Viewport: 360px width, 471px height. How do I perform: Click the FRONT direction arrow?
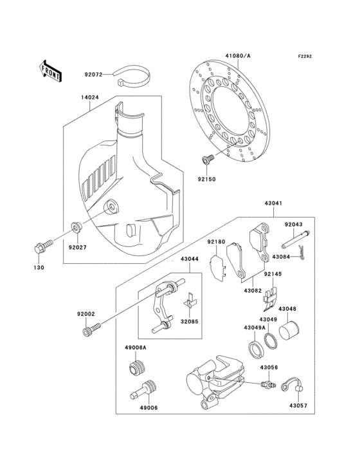pos(51,70)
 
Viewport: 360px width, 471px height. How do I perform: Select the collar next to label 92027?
pos(75,227)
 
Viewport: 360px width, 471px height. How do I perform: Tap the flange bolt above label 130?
pos(40,247)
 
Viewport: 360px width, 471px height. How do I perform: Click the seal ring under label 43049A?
pos(255,349)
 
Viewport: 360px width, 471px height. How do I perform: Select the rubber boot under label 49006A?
pos(136,369)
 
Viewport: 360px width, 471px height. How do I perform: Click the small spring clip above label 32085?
pos(190,299)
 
